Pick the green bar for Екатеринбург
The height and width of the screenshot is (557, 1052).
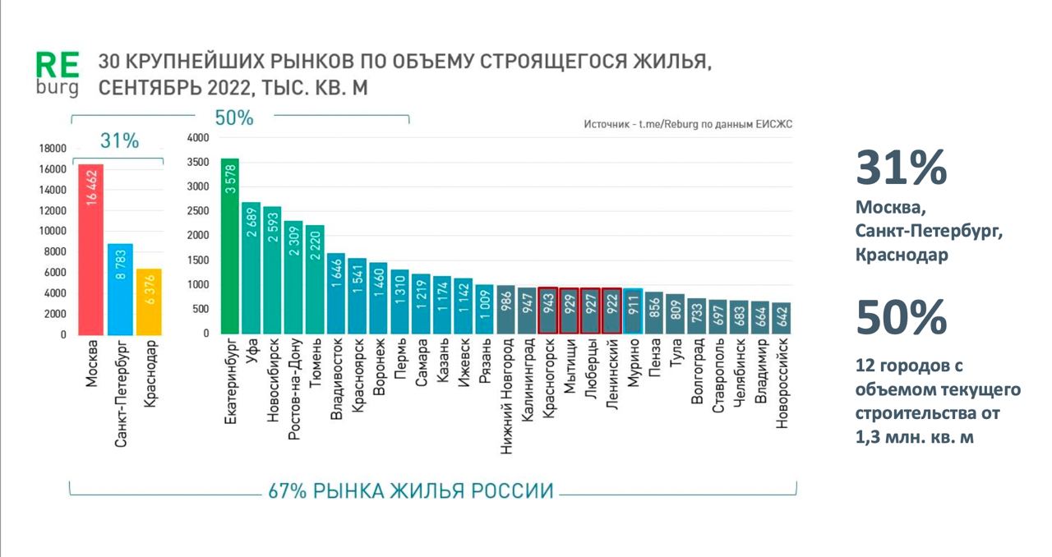coord(230,246)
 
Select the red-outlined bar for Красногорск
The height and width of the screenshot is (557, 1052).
coord(548,311)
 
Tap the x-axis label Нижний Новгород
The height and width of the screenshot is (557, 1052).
coord(506,398)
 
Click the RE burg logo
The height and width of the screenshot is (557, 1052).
coord(58,73)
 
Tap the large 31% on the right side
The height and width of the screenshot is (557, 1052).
coord(901,168)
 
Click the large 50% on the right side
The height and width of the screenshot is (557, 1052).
coord(901,316)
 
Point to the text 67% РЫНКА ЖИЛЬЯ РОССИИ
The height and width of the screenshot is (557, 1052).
coord(411,491)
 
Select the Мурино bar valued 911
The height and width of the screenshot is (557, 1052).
coord(633,311)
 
